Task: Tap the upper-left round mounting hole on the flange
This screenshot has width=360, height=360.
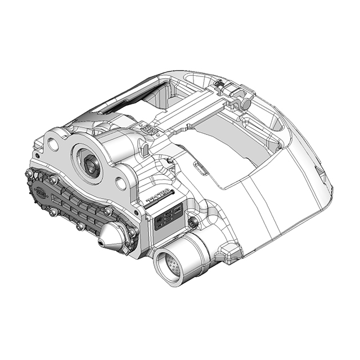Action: click(x=53, y=144)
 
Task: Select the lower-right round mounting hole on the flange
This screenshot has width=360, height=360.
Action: click(x=120, y=183)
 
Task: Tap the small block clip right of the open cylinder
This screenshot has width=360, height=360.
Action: click(x=230, y=253)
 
